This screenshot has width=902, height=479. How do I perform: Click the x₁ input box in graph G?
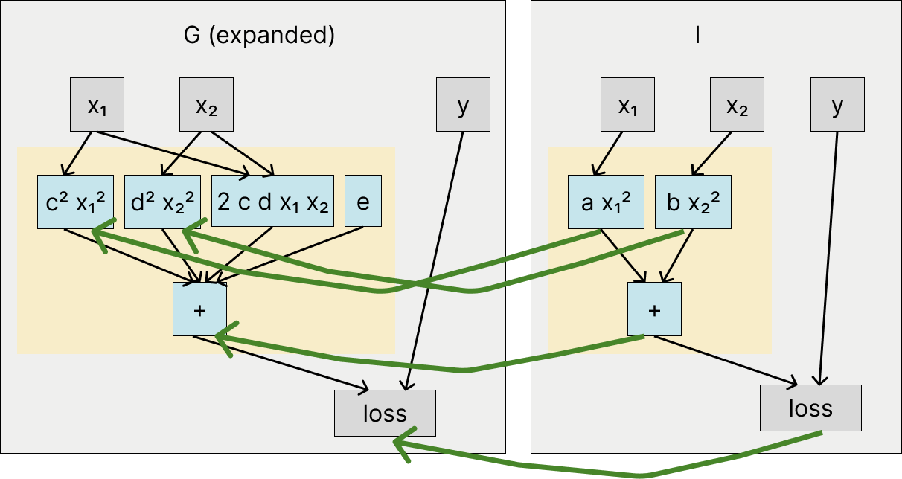click(x=97, y=105)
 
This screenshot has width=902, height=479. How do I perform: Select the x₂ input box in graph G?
click(x=206, y=105)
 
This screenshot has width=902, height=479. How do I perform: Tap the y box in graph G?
click(x=463, y=105)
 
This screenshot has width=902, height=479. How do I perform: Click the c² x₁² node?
click(x=75, y=202)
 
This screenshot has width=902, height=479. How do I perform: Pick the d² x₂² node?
click(x=163, y=202)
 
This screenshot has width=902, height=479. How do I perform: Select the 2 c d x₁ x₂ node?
click(x=274, y=202)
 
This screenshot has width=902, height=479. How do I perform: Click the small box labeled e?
click(x=363, y=202)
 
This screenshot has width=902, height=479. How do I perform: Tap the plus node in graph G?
click(x=199, y=309)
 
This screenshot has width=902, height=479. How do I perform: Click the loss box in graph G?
click(x=385, y=413)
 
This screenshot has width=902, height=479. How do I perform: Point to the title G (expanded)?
click(x=259, y=36)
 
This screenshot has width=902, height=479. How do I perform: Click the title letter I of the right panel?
click(x=697, y=36)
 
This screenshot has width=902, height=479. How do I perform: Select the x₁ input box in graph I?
click(x=628, y=105)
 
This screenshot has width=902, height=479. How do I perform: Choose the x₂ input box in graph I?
click(x=736, y=105)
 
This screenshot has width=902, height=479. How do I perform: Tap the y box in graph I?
click(x=838, y=105)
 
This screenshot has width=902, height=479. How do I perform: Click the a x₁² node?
click(x=606, y=202)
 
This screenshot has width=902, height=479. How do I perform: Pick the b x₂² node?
click(x=693, y=202)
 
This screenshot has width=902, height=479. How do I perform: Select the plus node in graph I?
click(x=654, y=309)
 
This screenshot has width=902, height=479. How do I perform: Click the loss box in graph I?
click(x=810, y=408)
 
